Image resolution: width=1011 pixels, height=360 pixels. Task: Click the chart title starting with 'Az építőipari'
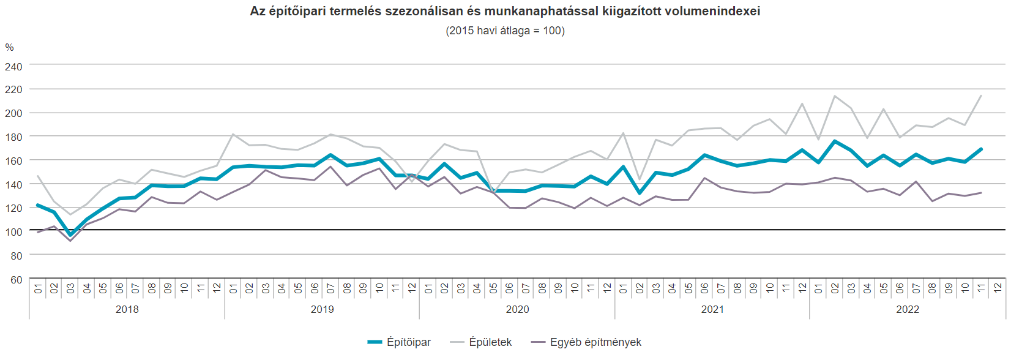click(x=505, y=11)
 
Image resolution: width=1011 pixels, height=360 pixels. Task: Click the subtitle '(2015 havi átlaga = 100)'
click(x=505, y=31)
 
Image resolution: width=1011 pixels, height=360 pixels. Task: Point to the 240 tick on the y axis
click(x=13, y=66)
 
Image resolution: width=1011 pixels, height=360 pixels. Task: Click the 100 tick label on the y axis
click(x=13, y=231)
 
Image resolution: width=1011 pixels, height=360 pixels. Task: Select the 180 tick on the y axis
click(x=13, y=137)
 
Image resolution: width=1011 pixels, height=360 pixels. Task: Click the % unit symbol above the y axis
click(x=9, y=47)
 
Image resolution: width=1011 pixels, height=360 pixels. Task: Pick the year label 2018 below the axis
click(x=127, y=309)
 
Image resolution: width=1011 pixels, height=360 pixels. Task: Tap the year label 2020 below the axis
click(x=517, y=309)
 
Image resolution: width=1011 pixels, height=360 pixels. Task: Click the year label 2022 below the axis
click(x=908, y=309)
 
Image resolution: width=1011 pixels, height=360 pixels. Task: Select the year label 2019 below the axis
click(x=322, y=309)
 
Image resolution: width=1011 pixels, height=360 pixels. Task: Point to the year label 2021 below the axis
click(x=712, y=309)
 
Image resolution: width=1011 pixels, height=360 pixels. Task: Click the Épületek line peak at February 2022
click(x=835, y=96)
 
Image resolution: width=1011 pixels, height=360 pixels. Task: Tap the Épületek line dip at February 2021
click(x=640, y=179)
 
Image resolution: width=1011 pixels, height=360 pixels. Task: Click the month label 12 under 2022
click(x=998, y=288)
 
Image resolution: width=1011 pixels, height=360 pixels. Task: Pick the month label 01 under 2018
click(x=38, y=288)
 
